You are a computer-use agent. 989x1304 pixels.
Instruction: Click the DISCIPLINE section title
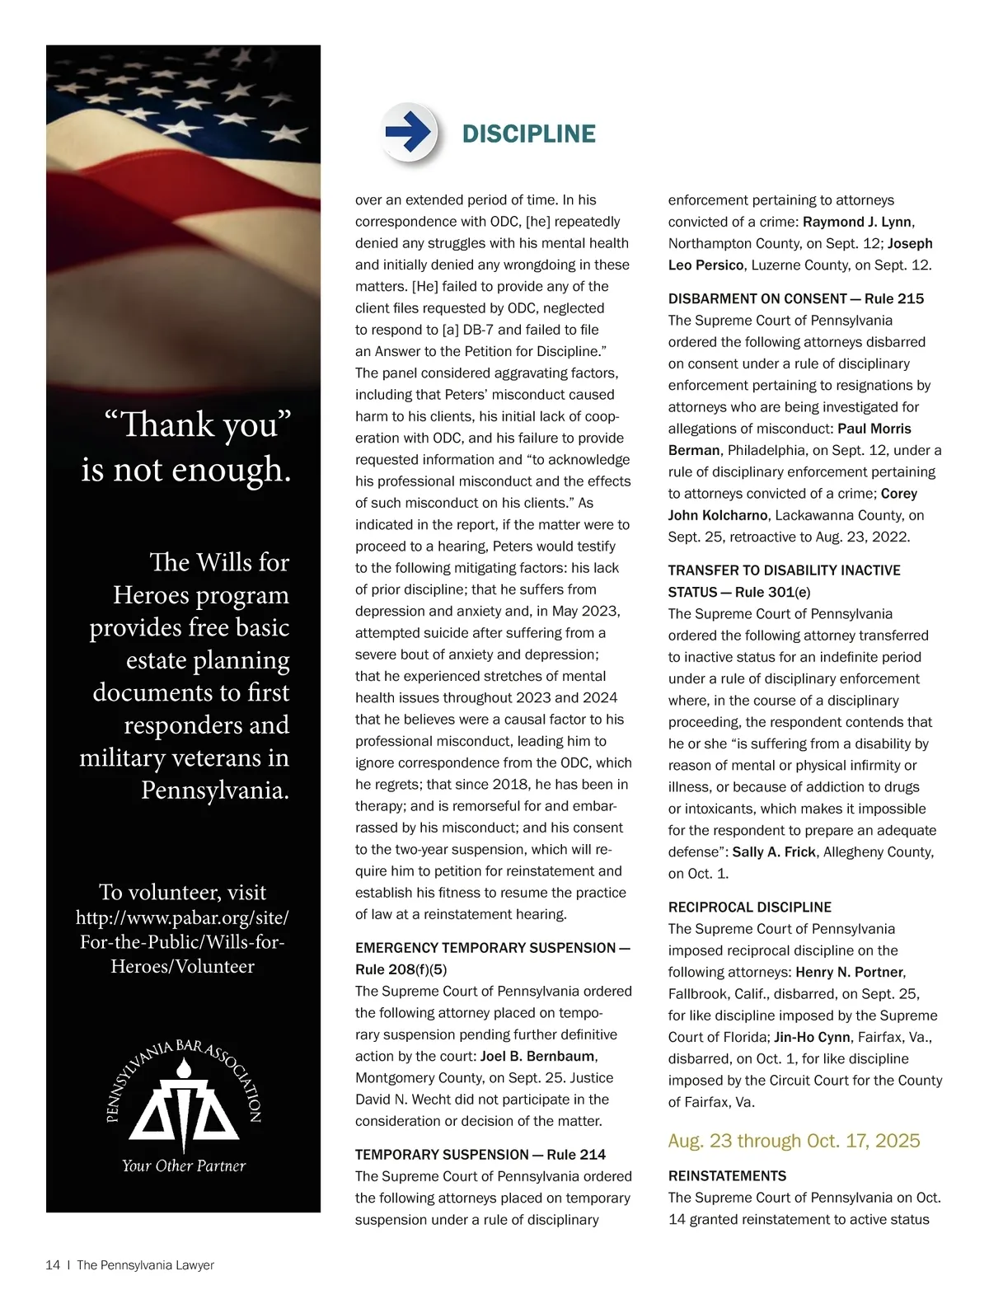tap(528, 134)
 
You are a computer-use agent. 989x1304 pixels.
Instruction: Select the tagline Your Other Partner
tap(184, 1166)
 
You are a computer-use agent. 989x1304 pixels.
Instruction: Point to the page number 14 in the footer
tap(53, 1265)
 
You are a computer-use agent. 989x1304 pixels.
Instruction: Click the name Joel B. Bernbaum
tap(537, 1056)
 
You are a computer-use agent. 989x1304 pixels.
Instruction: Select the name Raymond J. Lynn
tap(857, 222)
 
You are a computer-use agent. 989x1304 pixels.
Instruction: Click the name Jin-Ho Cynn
tap(813, 1037)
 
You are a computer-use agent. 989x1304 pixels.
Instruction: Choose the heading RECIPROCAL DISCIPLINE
tap(749, 907)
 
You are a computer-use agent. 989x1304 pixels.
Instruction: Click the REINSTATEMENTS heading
tap(727, 1175)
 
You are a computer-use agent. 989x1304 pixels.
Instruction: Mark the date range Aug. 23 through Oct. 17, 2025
tap(794, 1141)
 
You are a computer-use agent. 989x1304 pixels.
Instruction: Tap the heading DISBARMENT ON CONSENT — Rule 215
tap(795, 298)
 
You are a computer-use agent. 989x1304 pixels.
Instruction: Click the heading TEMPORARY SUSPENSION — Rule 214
tap(480, 1154)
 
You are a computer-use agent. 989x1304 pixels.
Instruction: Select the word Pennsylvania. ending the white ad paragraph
tap(215, 790)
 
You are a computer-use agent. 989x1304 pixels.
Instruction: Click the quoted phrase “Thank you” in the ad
tap(198, 425)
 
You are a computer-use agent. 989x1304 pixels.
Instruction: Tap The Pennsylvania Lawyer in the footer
tap(145, 1265)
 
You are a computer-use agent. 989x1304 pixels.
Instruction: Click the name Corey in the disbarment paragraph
tap(899, 493)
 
